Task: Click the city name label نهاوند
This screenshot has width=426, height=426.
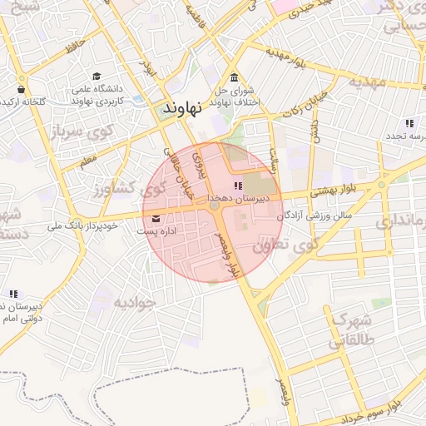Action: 184,108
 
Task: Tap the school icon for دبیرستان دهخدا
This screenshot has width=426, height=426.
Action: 238,186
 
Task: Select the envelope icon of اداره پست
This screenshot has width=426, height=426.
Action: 156,219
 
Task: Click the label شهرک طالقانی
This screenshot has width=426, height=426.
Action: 354,329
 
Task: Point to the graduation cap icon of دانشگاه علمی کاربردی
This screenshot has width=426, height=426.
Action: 98,77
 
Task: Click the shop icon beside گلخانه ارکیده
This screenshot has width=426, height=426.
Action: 20,89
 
